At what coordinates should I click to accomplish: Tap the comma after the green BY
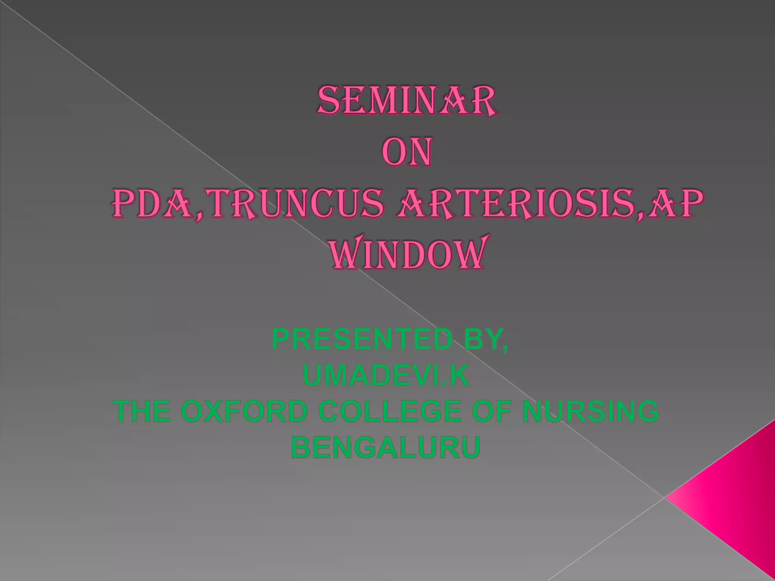point(505,349)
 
